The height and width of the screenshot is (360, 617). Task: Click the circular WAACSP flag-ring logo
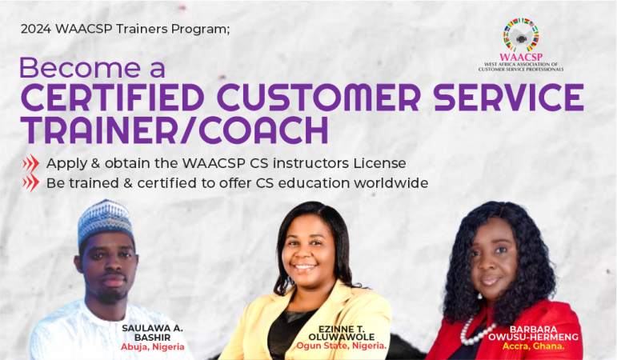click(x=521, y=35)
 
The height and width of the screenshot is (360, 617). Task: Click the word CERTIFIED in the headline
click(x=113, y=98)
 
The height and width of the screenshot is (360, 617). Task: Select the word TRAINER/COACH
click(x=174, y=130)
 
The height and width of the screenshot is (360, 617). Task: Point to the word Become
click(x=80, y=68)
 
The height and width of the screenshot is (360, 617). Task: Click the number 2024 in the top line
click(x=36, y=29)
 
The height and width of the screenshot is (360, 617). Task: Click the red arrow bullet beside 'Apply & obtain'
click(x=30, y=163)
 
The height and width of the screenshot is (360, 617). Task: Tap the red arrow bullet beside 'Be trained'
click(x=30, y=183)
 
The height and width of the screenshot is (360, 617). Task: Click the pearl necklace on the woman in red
click(x=475, y=331)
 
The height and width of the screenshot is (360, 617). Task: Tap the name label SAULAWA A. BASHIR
click(x=152, y=333)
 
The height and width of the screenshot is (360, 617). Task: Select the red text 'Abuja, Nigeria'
click(x=152, y=347)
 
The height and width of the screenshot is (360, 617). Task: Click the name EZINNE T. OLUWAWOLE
click(x=341, y=333)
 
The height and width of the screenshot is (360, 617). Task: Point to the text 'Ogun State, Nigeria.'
click(x=341, y=346)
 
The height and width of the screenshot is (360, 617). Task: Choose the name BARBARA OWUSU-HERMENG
click(x=533, y=334)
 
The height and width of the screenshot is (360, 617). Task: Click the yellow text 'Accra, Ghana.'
click(x=533, y=346)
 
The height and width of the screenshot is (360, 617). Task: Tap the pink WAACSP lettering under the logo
click(x=521, y=58)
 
